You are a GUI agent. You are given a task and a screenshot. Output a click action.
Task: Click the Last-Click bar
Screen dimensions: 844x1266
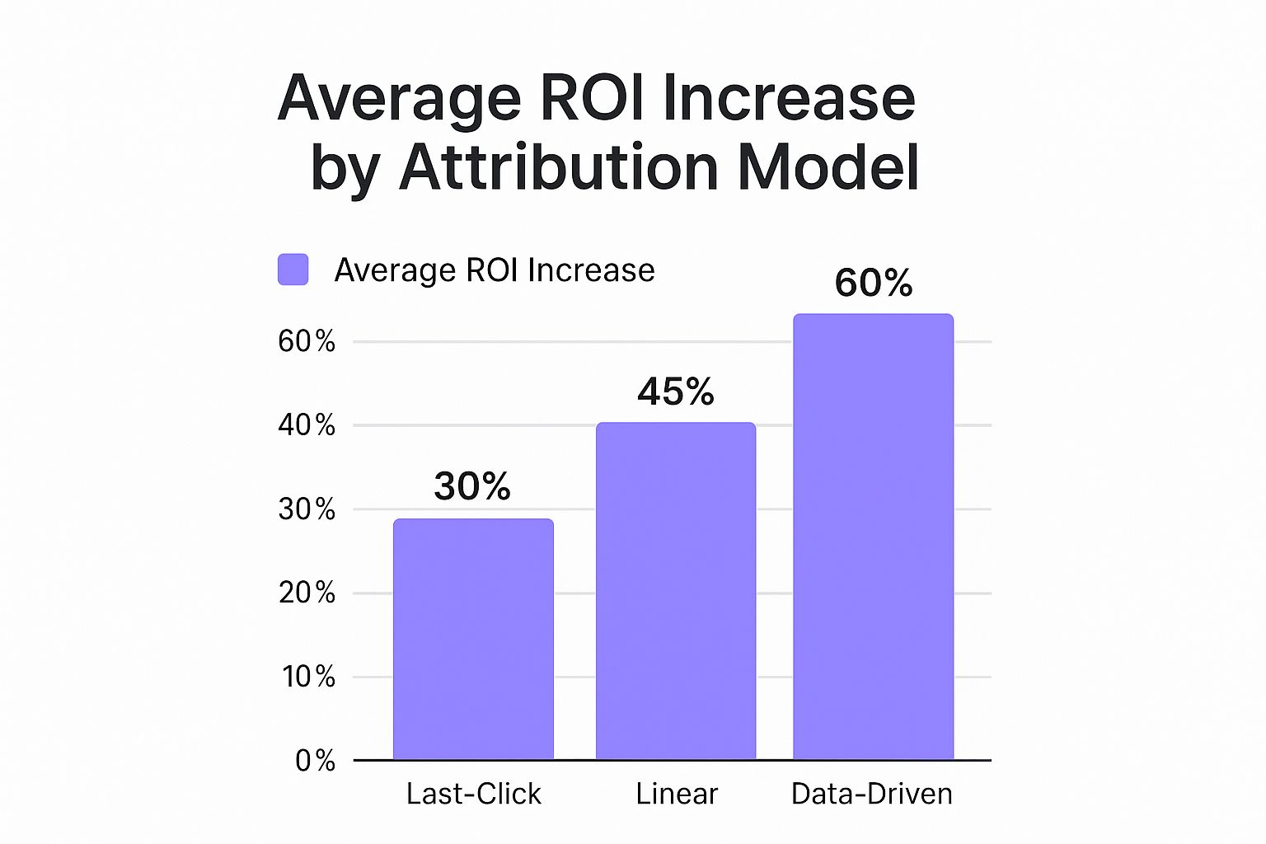[473, 639]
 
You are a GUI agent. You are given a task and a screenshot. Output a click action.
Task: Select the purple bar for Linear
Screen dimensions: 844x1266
[676, 590]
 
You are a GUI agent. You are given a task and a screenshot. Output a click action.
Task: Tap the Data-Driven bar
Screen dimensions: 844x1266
[873, 536]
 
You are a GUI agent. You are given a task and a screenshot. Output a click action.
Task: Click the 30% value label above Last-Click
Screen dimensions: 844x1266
[472, 486]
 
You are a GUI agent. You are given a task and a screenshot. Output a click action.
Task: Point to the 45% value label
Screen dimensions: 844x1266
[676, 392]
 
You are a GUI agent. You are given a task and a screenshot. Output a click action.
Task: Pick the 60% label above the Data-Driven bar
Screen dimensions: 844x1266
[874, 283]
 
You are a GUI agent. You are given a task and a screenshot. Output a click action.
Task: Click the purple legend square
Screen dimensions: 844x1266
[293, 270]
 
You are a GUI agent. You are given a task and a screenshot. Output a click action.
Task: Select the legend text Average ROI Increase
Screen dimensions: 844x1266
[495, 270]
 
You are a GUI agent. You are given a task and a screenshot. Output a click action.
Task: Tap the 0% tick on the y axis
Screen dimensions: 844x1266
[315, 760]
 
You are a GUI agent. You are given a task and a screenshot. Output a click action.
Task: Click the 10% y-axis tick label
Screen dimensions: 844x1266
[308, 677]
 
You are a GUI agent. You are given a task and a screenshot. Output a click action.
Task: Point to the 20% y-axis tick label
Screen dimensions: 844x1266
[307, 593]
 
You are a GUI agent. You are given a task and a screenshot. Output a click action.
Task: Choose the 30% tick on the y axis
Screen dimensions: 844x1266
[307, 509]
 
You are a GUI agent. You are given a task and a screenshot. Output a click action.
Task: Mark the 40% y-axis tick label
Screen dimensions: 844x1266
[307, 425]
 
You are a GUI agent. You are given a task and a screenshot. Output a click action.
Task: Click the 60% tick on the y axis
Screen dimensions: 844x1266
[307, 341]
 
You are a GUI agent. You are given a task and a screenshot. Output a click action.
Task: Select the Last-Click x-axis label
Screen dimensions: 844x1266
[474, 794]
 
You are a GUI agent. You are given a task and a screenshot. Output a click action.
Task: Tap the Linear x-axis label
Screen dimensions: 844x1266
[677, 794]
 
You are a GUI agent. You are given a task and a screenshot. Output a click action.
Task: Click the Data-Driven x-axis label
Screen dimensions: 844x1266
[872, 794]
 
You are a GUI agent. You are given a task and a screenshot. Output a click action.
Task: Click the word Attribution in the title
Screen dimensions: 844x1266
[560, 167]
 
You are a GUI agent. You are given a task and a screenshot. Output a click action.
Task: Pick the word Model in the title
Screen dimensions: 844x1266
[828, 167]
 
